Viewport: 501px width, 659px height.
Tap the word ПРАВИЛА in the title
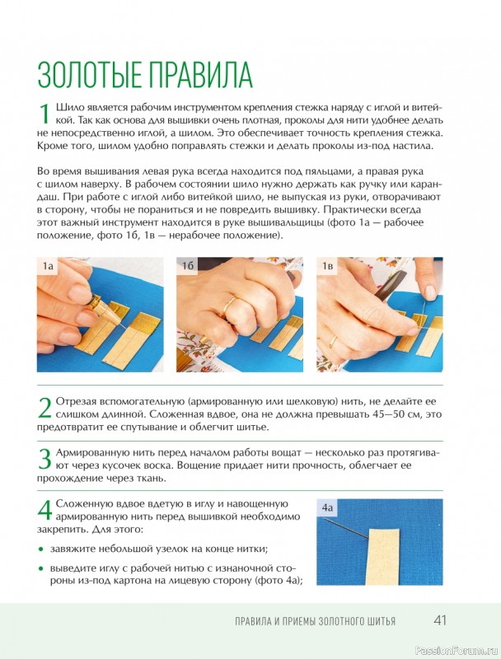pyautogui.click(x=201, y=75)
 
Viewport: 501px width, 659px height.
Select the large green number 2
pyautogui.click(x=44, y=408)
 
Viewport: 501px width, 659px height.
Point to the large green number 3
pyautogui.click(x=44, y=459)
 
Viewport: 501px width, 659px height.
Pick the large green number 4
pyautogui.click(x=44, y=510)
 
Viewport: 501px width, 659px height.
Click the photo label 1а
pyautogui.click(x=48, y=266)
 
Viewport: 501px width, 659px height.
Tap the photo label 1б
pyautogui.click(x=187, y=266)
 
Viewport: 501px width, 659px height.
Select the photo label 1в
pyautogui.click(x=327, y=266)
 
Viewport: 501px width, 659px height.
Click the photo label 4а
pyautogui.click(x=327, y=507)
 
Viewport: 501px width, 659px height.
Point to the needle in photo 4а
pyautogui.click(x=347, y=528)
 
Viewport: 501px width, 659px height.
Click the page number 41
pyautogui.click(x=440, y=621)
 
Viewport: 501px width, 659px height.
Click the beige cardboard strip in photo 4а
pyautogui.click(x=383, y=557)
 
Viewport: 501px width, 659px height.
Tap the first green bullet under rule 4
pyautogui.click(x=40, y=549)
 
